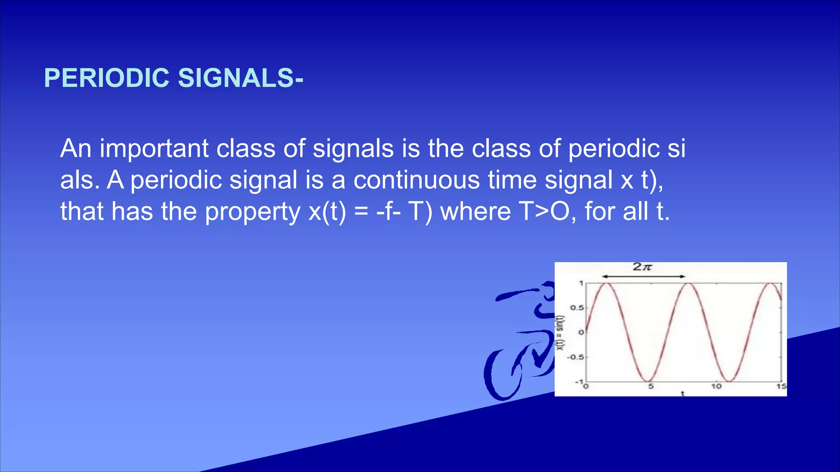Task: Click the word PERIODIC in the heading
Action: tap(107, 78)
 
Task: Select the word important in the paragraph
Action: tap(154, 148)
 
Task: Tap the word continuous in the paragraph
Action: tap(416, 180)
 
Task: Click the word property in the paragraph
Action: tap(253, 212)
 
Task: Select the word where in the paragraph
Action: tap(475, 211)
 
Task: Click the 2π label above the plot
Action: tap(642, 267)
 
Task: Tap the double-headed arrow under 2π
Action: tap(644, 277)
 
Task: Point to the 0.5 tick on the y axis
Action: tap(577, 308)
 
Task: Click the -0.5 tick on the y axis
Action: tap(575, 357)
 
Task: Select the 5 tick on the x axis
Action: tap(651, 386)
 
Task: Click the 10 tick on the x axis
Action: tap(716, 386)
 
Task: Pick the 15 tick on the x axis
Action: tap(781, 386)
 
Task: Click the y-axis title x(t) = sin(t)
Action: tap(560, 333)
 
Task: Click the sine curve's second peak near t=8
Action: tap(689, 284)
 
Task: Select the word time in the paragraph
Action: tap(512, 180)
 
